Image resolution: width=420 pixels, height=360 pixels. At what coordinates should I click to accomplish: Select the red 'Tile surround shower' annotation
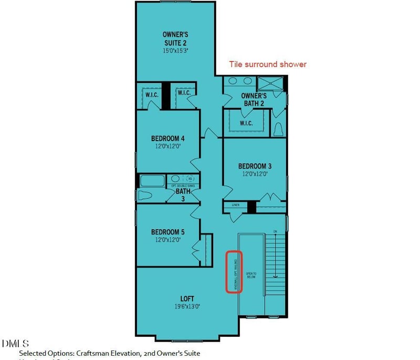click(267, 65)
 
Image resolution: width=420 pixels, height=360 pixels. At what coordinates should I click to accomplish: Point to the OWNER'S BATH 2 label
click(254, 100)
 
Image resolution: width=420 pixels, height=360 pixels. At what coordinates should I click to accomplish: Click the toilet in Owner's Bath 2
click(278, 129)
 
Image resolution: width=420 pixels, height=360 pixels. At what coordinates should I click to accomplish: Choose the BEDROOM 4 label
click(167, 139)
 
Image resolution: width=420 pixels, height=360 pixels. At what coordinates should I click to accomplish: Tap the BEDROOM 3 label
click(255, 166)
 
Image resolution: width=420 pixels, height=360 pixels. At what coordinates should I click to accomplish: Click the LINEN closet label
click(235, 205)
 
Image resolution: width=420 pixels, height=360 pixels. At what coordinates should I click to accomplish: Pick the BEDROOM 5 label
click(167, 231)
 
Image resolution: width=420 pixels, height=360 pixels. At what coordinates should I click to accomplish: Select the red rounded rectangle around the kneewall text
click(234, 272)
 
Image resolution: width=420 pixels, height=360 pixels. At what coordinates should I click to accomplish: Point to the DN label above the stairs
click(274, 231)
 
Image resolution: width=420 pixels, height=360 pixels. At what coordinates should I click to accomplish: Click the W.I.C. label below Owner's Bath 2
click(246, 123)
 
